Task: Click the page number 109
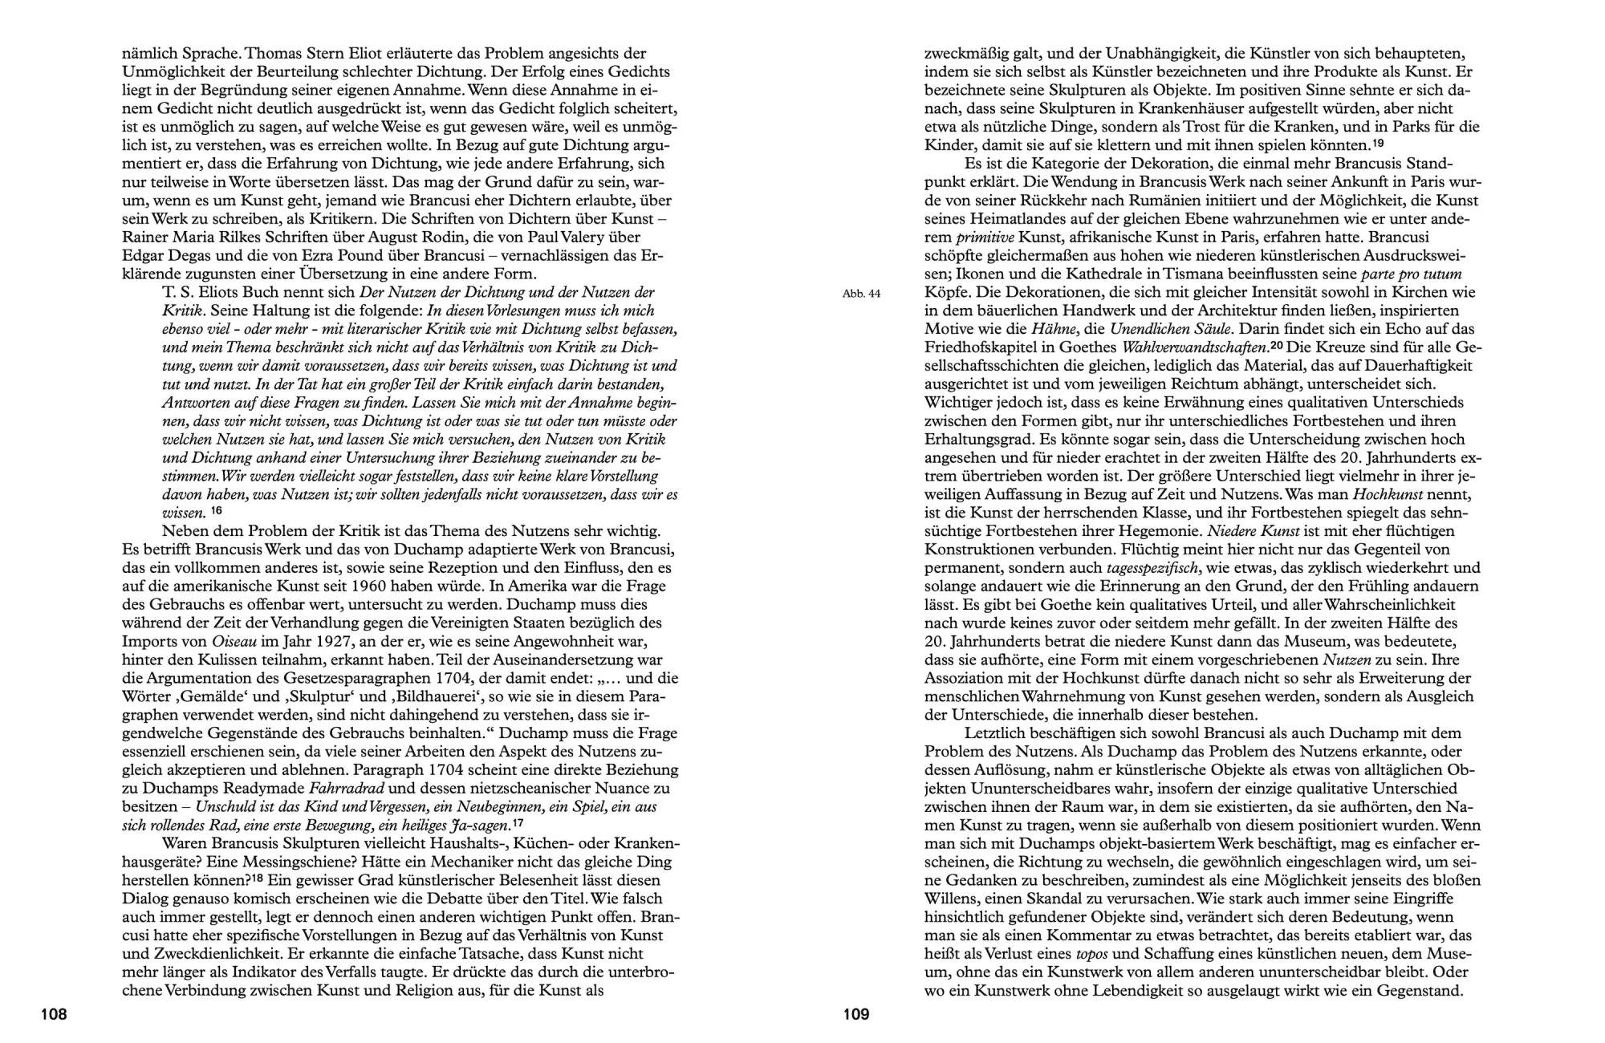click(856, 1015)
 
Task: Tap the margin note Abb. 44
click(861, 294)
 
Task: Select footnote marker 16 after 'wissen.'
click(216, 510)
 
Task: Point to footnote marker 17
click(518, 823)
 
